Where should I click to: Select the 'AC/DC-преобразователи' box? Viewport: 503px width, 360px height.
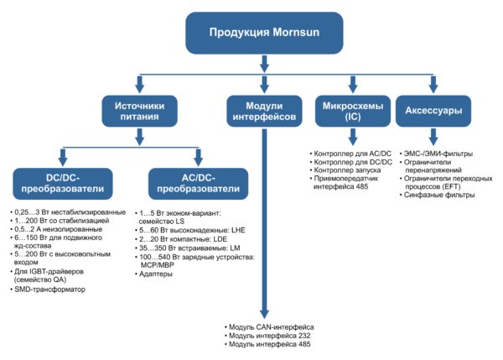click(196, 182)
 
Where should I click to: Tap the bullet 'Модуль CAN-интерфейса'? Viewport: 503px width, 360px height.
click(270, 326)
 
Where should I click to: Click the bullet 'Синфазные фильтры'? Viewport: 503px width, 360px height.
click(438, 195)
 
